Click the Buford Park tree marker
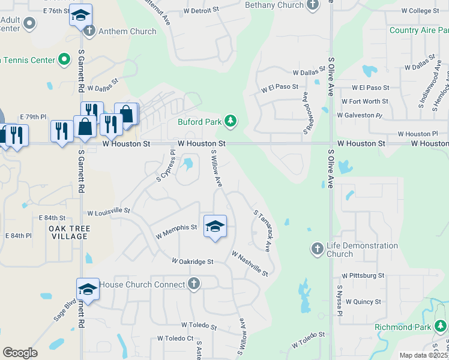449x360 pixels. click(x=231, y=122)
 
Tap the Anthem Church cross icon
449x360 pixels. click(x=89, y=31)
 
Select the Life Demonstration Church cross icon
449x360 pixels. click(x=318, y=248)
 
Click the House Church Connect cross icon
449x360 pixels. click(x=193, y=284)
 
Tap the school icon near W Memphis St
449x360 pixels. click(x=215, y=227)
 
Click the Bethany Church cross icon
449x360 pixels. click(x=312, y=5)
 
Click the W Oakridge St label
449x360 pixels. click(x=193, y=262)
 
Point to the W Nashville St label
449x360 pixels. click(x=249, y=264)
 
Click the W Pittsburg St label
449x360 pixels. click(x=363, y=275)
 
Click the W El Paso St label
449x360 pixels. click(x=280, y=87)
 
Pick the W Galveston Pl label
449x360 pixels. click(x=360, y=115)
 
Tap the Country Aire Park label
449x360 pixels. click(x=418, y=30)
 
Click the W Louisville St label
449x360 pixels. click(x=109, y=212)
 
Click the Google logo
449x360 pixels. click(x=20, y=353)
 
